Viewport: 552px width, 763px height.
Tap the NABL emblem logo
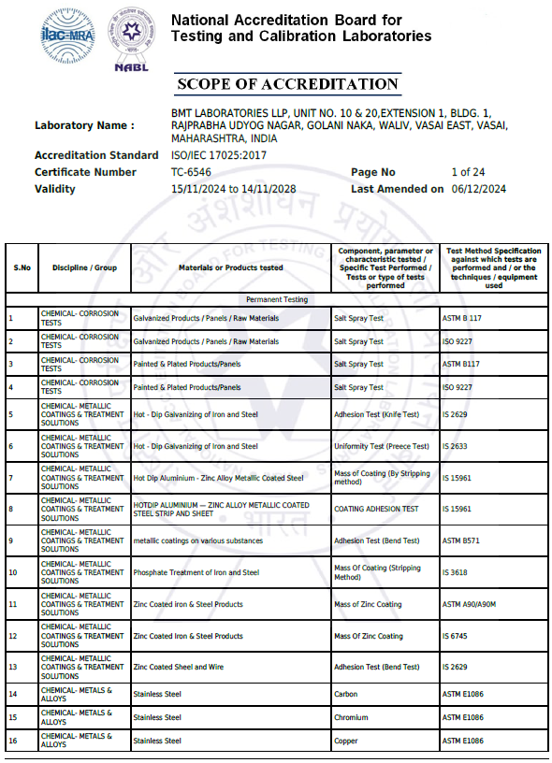point(131,37)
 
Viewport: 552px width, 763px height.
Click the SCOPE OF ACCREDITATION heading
point(287,84)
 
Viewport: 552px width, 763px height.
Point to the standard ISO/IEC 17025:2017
point(219,155)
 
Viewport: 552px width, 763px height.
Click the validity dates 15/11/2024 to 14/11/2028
point(233,189)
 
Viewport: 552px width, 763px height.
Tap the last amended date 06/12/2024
point(478,189)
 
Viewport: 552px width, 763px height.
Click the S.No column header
point(22,267)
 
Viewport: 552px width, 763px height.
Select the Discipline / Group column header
point(84,267)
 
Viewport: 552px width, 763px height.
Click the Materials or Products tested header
point(231,267)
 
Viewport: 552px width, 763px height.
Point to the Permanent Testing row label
point(276,300)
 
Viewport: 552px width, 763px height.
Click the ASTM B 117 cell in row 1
point(461,318)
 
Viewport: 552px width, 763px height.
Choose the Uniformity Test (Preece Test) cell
point(382,446)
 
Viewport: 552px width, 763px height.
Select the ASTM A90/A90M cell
point(470,604)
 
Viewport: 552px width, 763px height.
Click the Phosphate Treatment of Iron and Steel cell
point(196,572)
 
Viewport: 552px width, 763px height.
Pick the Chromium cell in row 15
point(351,717)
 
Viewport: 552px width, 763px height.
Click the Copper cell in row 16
point(346,741)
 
